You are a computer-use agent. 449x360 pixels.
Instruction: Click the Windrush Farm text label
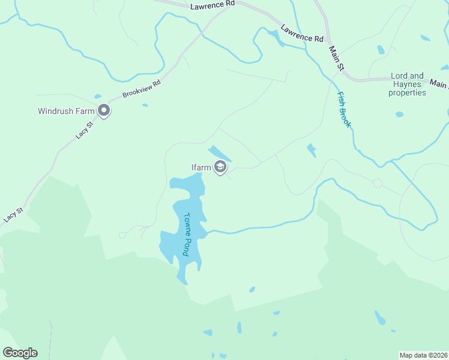66,111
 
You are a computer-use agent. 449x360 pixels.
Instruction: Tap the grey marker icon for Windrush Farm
104,111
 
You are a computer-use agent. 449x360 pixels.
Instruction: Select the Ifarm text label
202,167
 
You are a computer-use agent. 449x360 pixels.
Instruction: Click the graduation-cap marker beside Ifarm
220,167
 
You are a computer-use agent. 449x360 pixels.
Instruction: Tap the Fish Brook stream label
344,110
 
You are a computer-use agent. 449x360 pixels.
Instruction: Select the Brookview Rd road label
142,89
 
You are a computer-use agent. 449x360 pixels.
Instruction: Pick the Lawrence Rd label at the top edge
212,5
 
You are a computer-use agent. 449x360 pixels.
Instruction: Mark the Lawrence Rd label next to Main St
302,34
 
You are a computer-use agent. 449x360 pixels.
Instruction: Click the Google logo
20,353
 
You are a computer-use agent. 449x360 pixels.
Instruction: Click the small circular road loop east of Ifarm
378,183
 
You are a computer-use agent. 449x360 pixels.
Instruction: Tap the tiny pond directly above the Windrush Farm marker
98,96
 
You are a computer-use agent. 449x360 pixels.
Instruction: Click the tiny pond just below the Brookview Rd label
145,106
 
